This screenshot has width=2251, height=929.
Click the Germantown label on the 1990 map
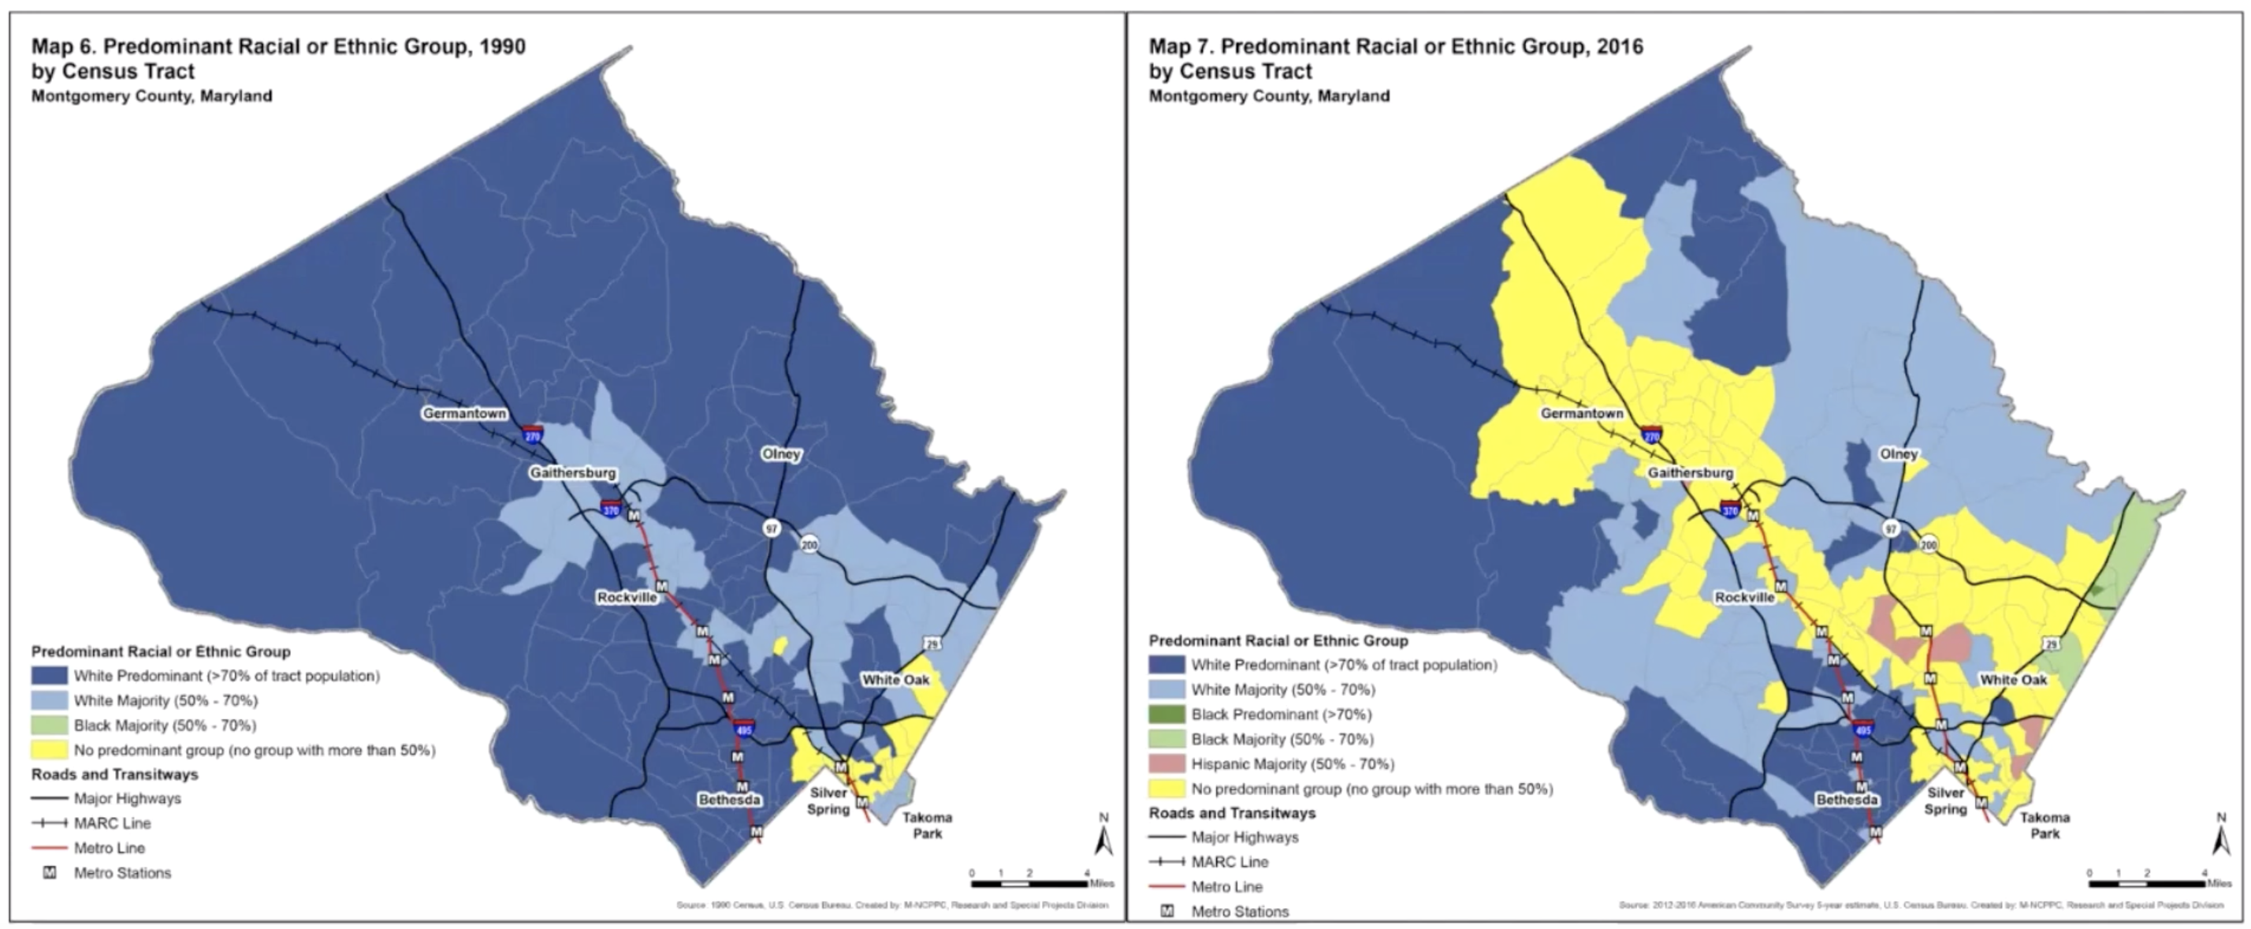[x=464, y=413]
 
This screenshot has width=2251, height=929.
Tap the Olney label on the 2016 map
[x=1899, y=454]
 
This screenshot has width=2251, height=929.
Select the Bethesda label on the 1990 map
[x=729, y=800]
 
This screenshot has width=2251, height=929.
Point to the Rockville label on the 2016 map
[x=1744, y=598]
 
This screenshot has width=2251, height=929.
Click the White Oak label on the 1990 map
[x=895, y=680]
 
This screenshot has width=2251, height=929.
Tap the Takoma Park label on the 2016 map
[x=2045, y=825]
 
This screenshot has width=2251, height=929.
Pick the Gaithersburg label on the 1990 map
[x=572, y=473]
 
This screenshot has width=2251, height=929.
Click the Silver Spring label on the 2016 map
[x=1945, y=800]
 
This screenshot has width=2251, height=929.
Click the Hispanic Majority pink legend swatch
[x=1166, y=764]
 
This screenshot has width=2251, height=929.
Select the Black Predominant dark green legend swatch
[x=1166, y=714]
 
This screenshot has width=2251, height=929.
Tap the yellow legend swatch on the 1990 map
[x=49, y=750]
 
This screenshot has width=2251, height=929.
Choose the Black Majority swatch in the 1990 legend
[x=49, y=726]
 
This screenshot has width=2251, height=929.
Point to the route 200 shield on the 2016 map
[x=1929, y=544]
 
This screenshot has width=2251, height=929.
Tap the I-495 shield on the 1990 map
[x=744, y=729]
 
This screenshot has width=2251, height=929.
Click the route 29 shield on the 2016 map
[x=2051, y=644]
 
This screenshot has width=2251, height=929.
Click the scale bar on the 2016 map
[x=2147, y=883]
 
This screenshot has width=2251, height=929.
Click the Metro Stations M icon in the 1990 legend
[x=50, y=872]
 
